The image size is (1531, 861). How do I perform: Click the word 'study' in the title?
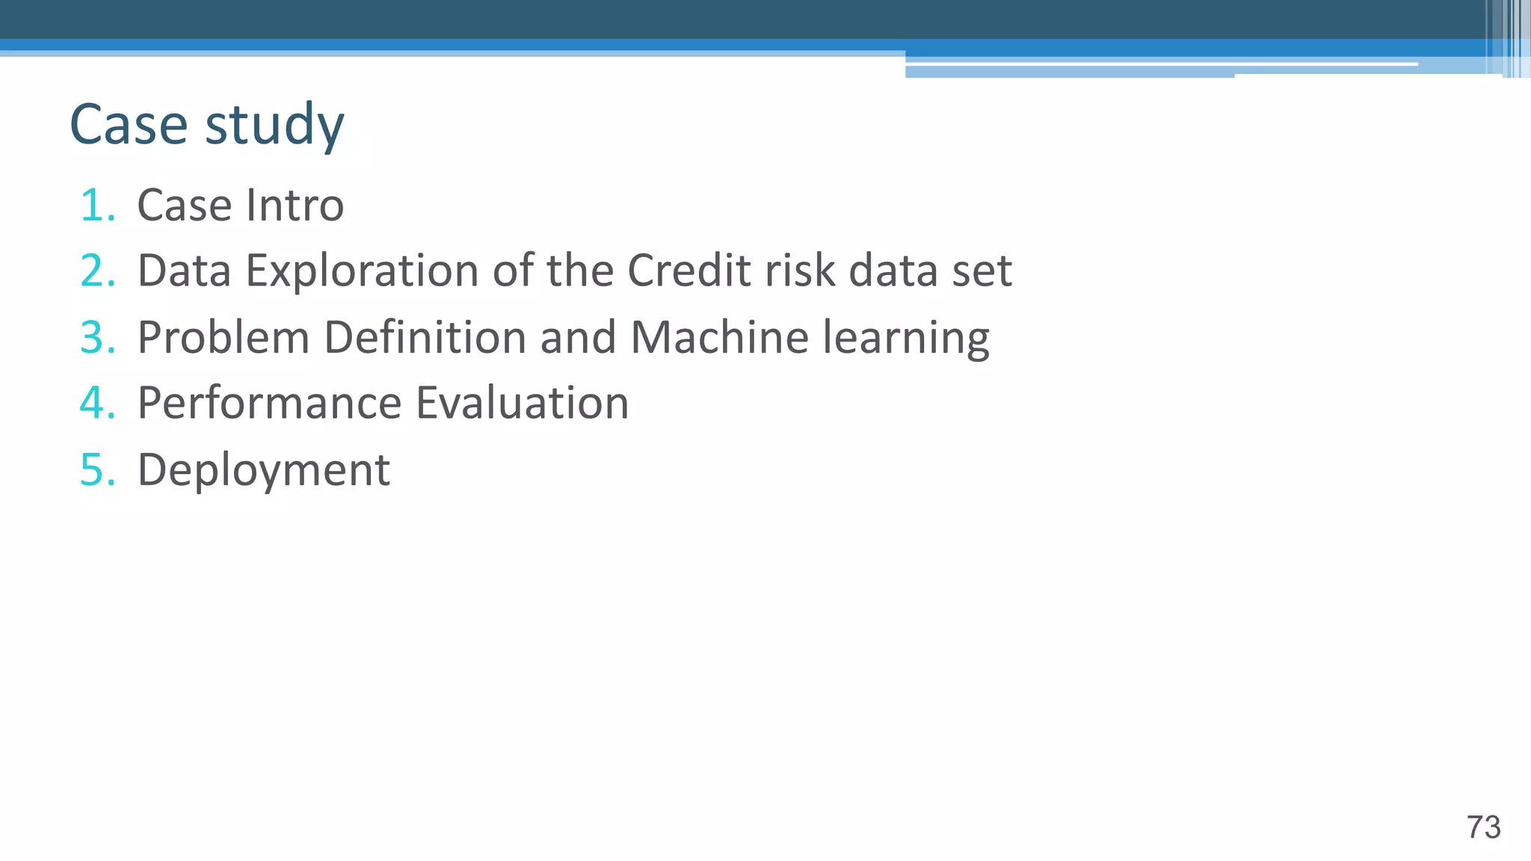pos(274,126)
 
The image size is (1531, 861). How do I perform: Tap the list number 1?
pos(96,206)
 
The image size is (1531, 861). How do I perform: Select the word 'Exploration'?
pos(362,271)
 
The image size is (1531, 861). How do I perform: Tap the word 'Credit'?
pos(689,270)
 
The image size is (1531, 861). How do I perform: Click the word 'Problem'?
pos(224,337)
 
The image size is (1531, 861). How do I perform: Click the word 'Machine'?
pos(719,337)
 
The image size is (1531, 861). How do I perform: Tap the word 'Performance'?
pos(270,403)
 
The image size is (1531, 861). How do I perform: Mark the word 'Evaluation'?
pos(522,403)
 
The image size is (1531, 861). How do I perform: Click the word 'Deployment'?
pos(264,471)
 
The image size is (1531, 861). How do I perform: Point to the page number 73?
pos(1483,827)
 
